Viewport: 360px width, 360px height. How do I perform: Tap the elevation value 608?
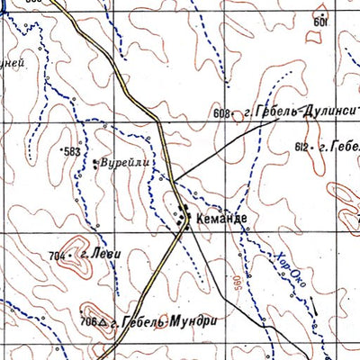point(221,113)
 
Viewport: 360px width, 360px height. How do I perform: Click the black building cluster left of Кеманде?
point(184,214)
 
